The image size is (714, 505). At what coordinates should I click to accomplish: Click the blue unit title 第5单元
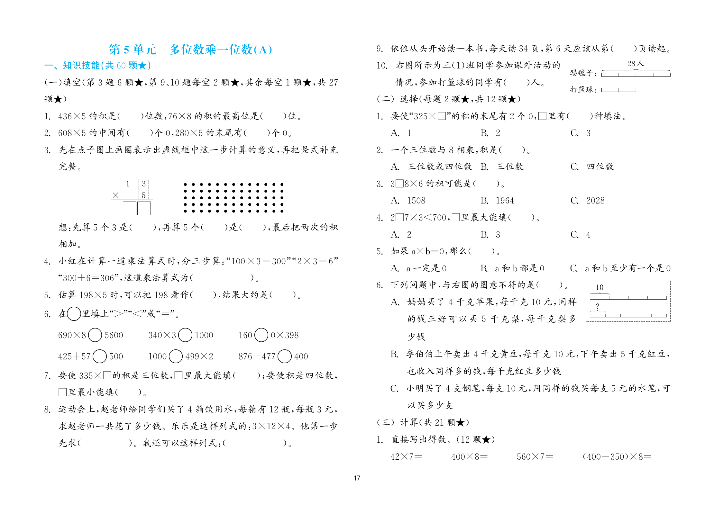click(x=132, y=50)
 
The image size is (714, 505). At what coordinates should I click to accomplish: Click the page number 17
click(x=357, y=478)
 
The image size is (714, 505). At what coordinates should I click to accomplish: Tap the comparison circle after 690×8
click(x=95, y=335)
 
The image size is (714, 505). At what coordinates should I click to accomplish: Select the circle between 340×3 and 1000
click(x=185, y=335)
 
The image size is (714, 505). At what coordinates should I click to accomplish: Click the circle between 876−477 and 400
click(x=284, y=356)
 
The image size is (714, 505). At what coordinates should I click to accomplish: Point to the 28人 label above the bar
click(x=636, y=64)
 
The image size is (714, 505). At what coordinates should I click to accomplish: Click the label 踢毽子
click(x=581, y=73)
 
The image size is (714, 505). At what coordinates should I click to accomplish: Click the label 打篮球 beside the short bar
click(x=581, y=90)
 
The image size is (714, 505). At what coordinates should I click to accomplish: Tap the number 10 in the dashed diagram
click(x=600, y=287)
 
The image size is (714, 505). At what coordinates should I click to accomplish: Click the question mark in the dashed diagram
click(x=598, y=306)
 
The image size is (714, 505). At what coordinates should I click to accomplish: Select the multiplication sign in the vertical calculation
click(x=115, y=195)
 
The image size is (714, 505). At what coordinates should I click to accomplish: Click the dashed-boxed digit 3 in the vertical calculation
click(x=144, y=184)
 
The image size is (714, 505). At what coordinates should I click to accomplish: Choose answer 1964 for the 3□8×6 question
click(x=505, y=201)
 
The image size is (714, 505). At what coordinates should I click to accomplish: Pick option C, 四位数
click(x=600, y=167)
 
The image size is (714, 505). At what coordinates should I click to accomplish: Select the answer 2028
click(x=595, y=201)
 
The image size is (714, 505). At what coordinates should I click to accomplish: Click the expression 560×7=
click(x=535, y=457)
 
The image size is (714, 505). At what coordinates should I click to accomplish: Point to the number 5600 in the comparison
click(x=114, y=335)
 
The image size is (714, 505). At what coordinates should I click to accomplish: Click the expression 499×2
click(x=199, y=356)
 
